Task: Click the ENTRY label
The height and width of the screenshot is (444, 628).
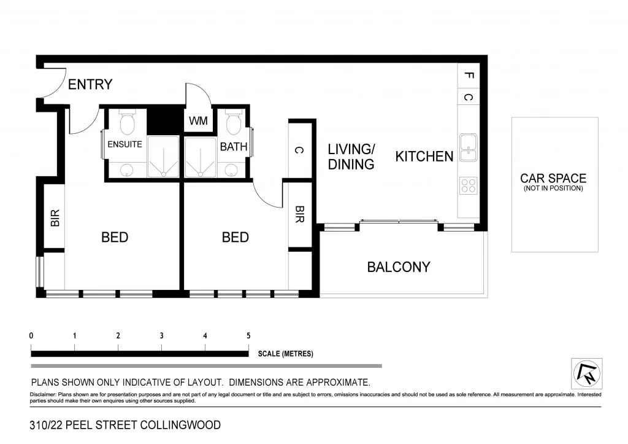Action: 90,85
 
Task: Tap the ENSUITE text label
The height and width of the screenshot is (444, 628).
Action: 125,144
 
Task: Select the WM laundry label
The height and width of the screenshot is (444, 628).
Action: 198,122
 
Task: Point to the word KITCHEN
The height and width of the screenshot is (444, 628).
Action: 424,157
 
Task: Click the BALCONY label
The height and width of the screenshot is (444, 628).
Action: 399,267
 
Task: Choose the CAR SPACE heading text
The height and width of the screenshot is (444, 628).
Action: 553,178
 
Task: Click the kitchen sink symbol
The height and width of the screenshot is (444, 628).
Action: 468,147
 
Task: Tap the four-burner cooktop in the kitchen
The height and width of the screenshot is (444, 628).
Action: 468,185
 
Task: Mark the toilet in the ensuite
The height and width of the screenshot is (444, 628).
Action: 127,122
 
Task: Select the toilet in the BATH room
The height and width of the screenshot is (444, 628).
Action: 233,123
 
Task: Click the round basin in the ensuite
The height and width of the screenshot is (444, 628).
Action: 126,170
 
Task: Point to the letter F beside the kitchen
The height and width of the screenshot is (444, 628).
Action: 469,76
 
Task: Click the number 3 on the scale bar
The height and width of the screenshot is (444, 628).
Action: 161,336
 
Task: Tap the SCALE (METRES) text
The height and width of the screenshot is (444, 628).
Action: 286,354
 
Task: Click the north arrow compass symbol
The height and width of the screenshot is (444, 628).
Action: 586,373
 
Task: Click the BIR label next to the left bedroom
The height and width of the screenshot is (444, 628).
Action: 55,218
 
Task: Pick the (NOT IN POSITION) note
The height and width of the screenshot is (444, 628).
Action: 553,189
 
